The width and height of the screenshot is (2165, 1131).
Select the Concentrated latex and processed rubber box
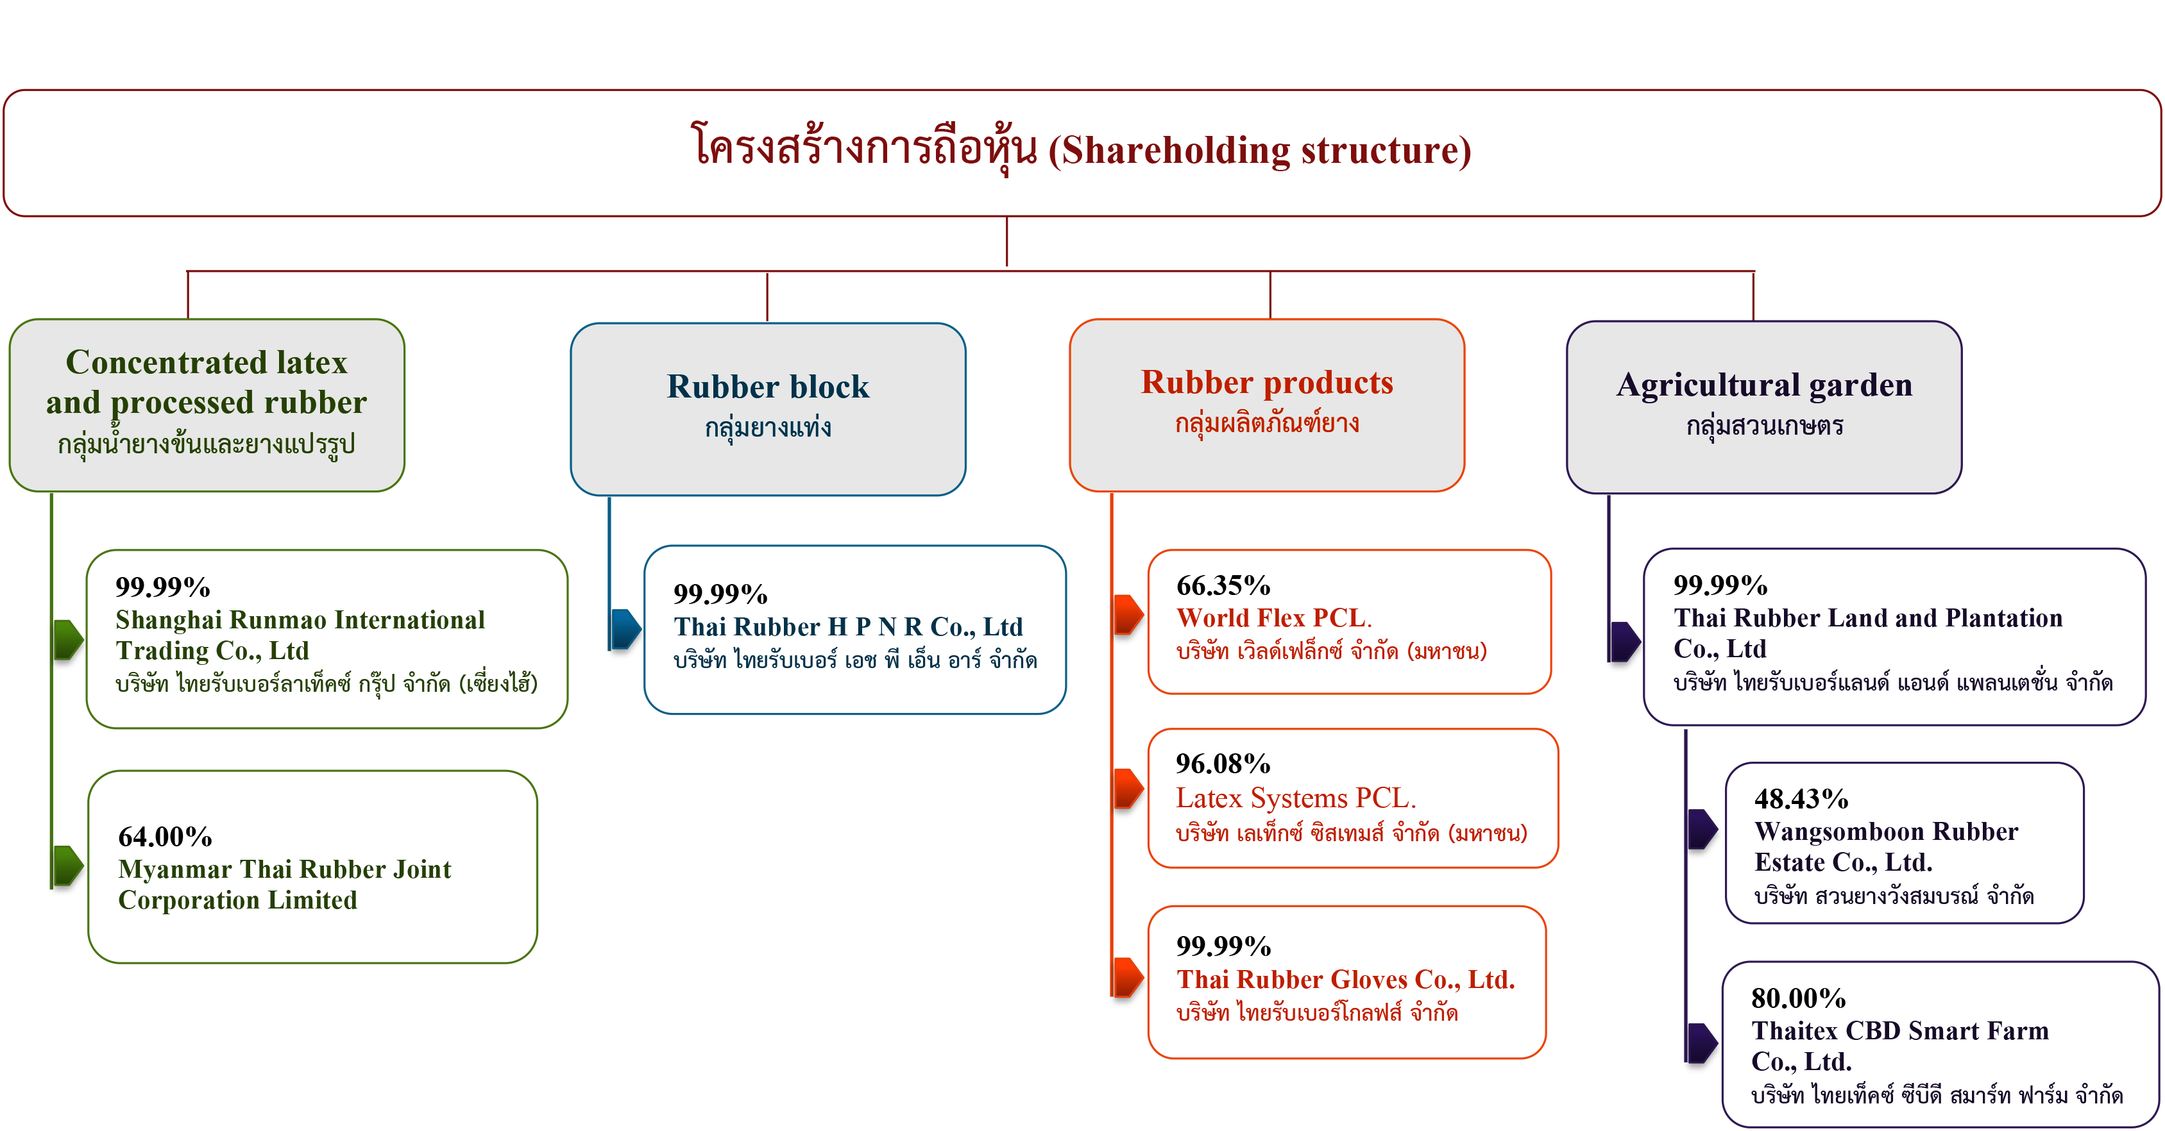pyautogui.click(x=207, y=405)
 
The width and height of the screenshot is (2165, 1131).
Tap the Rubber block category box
pyautogui.click(x=768, y=408)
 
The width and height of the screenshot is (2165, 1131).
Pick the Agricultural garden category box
pyautogui.click(x=1764, y=406)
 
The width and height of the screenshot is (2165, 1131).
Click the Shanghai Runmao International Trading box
pyautogui.click(x=327, y=639)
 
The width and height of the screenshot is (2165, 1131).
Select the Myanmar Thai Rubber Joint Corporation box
pyautogui.click(x=312, y=866)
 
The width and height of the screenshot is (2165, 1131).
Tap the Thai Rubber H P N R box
pyautogui.click(x=854, y=630)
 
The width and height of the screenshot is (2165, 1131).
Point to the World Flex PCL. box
pyautogui.click(x=1349, y=622)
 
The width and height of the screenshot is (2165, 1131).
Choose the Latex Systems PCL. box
pyautogui.click(x=1352, y=798)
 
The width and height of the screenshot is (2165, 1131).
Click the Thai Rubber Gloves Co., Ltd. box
pyautogui.click(x=1346, y=982)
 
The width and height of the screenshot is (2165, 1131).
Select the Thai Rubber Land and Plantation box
pyautogui.click(x=1894, y=637)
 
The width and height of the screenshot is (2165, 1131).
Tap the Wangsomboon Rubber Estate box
pyautogui.click(x=1905, y=842)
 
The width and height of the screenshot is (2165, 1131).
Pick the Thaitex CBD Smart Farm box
pyautogui.click(x=1940, y=1044)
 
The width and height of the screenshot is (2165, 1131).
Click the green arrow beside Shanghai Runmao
pyautogui.click(x=68, y=639)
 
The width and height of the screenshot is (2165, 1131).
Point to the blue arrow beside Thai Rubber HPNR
pyautogui.click(x=625, y=630)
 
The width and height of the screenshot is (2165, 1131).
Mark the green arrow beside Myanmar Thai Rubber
pyautogui.click(x=68, y=866)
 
